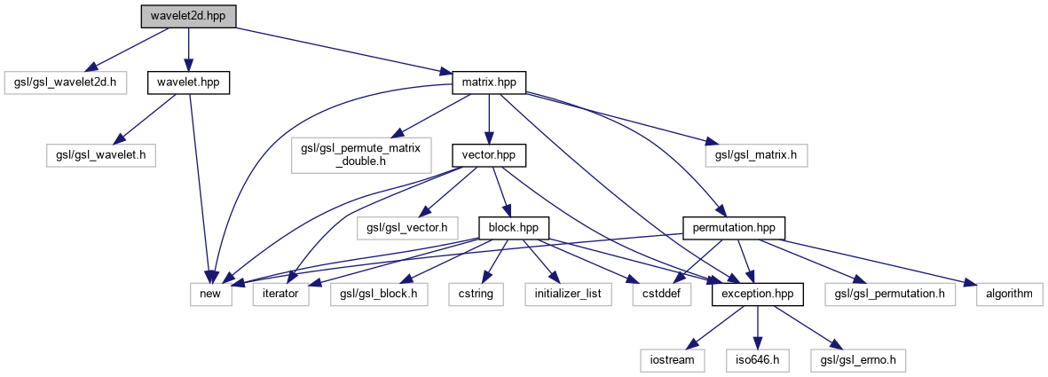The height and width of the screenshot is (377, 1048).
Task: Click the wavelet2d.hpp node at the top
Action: click(x=187, y=16)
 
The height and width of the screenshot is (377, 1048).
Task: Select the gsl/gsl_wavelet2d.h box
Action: click(x=66, y=82)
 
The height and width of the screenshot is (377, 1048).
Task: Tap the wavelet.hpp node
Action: click(x=188, y=82)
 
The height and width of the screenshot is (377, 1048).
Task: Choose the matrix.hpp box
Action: click(x=488, y=82)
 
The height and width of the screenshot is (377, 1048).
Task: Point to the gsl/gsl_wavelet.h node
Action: click(x=100, y=154)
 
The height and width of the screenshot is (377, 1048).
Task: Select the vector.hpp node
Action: click(x=488, y=154)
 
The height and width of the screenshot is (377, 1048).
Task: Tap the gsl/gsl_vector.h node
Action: click(x=407, y=226)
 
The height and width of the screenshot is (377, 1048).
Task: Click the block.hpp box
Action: click(x=514, y=226)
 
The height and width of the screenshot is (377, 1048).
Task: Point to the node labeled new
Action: click(x=211, y=293)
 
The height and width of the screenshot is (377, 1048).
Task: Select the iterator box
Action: click(x=280, y=293)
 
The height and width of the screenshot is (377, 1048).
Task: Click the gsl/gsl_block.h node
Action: click(x=379, y=293)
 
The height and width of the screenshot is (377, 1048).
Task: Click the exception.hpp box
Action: click(x=757, y=293)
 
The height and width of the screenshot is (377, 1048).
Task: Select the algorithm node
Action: click(x=1008, y=293)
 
